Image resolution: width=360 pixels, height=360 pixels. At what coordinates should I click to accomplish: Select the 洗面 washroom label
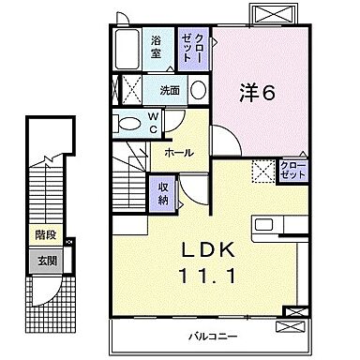pyautogui.click(x=169, y=91)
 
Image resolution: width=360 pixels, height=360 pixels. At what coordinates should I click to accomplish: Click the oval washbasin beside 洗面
pyautogui.click(x=199, y=91)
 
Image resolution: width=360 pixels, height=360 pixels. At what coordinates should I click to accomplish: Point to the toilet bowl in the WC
pyautogui.click(x=126, y=122)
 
